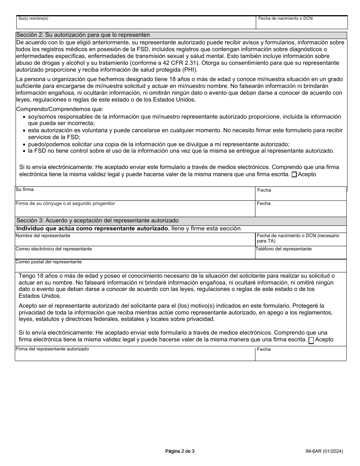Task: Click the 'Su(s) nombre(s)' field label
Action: [x=33, y=19]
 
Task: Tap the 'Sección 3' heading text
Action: [x=97, y=220]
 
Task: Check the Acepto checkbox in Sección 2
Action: [x=294, y=175]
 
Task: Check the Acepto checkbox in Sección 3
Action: [x=311, y=340]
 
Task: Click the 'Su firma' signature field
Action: [x=135, y=194]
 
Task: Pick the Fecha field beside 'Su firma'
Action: [x=301, y=194]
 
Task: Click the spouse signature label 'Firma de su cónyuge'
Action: [x=65, y=203]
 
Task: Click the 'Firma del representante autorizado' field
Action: [x=135, y=354]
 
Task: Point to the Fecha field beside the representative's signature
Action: [x=301, y=354]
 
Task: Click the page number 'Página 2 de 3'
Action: [x=180, y=451]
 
